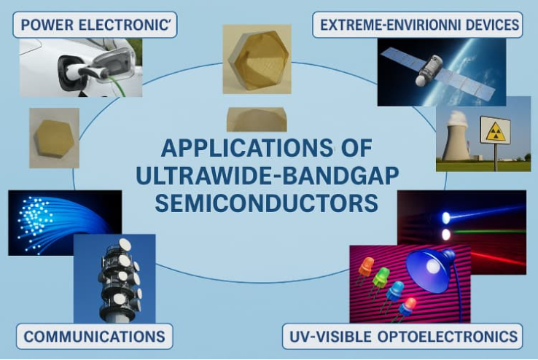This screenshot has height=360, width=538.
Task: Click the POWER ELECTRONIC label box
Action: [95, 25]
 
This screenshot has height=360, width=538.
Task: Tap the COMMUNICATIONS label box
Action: [94, 337]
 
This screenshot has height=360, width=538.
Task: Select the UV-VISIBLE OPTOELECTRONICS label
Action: [402, 337]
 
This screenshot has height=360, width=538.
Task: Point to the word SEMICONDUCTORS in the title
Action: [267, 203]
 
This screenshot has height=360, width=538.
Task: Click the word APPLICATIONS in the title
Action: [246, 148]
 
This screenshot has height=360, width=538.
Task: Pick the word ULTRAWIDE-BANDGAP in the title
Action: [268, 176]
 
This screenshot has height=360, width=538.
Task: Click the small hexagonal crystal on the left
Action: [54, 138]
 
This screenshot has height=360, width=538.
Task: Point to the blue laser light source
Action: [445, 217]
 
